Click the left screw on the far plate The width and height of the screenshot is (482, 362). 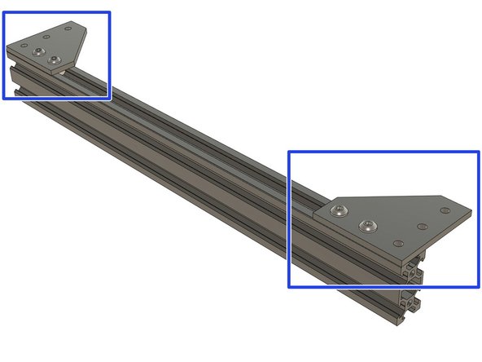click(39, 52)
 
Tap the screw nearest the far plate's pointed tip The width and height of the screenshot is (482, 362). click(55, 60)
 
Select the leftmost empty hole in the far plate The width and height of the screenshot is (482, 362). click(24, 44)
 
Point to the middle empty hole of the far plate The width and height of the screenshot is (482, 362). click(46, 36)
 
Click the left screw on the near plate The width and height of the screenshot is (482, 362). click(339, 212)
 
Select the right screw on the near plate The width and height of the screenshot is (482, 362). click(371, 226)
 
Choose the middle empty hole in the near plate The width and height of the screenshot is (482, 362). click(422, 226)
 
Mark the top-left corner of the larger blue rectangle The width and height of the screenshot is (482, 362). click(289, 152)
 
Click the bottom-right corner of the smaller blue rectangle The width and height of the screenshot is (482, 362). click(109, 98)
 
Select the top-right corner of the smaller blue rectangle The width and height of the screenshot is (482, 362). click(109, 12)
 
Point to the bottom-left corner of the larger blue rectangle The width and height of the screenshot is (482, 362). click(289, 287)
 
